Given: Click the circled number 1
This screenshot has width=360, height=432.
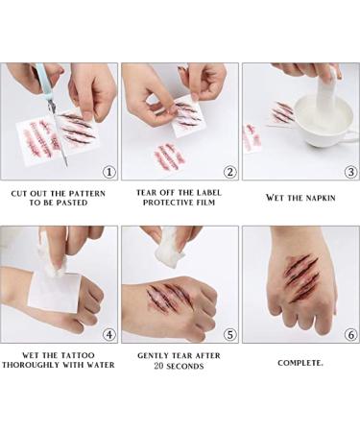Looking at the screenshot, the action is point(109,172).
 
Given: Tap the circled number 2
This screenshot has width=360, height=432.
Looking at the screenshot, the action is point(229,172).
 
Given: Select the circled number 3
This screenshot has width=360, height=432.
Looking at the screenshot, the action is point(350,172).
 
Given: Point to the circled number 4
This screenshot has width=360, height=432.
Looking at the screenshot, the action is point(109,335).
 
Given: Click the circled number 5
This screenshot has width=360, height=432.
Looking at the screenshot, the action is point(229,335).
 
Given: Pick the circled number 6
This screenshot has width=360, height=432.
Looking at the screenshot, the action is point(350,335).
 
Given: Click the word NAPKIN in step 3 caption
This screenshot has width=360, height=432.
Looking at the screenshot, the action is point(321,198).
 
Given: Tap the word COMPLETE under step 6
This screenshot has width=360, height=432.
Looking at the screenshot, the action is point(300,363).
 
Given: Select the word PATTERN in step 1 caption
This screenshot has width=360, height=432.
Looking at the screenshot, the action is point(87,193).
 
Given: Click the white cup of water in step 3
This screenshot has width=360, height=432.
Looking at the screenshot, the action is point(324,123).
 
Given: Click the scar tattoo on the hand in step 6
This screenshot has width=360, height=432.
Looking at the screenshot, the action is point(301,277).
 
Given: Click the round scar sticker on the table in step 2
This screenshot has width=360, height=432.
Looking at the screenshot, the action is point(170,156).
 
